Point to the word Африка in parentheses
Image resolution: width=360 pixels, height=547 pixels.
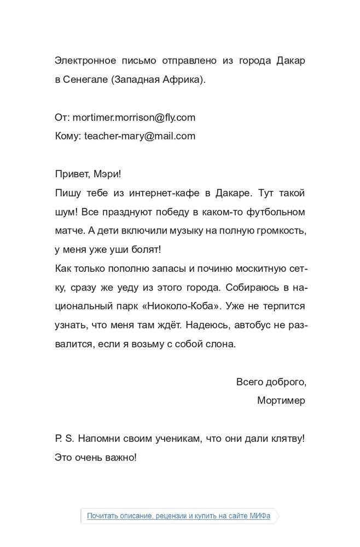[184, 79]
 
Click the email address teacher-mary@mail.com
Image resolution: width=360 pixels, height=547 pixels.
[140, 136]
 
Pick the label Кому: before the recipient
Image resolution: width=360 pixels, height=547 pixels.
[68, 136]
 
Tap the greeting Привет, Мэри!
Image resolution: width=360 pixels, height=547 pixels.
[88, 174]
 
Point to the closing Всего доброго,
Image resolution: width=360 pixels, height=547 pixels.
[271, 382]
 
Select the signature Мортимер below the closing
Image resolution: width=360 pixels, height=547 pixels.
[281, 400]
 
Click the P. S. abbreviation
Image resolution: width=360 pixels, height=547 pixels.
[64, 439]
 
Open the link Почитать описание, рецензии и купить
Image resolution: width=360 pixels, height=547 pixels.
[178, 515]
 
